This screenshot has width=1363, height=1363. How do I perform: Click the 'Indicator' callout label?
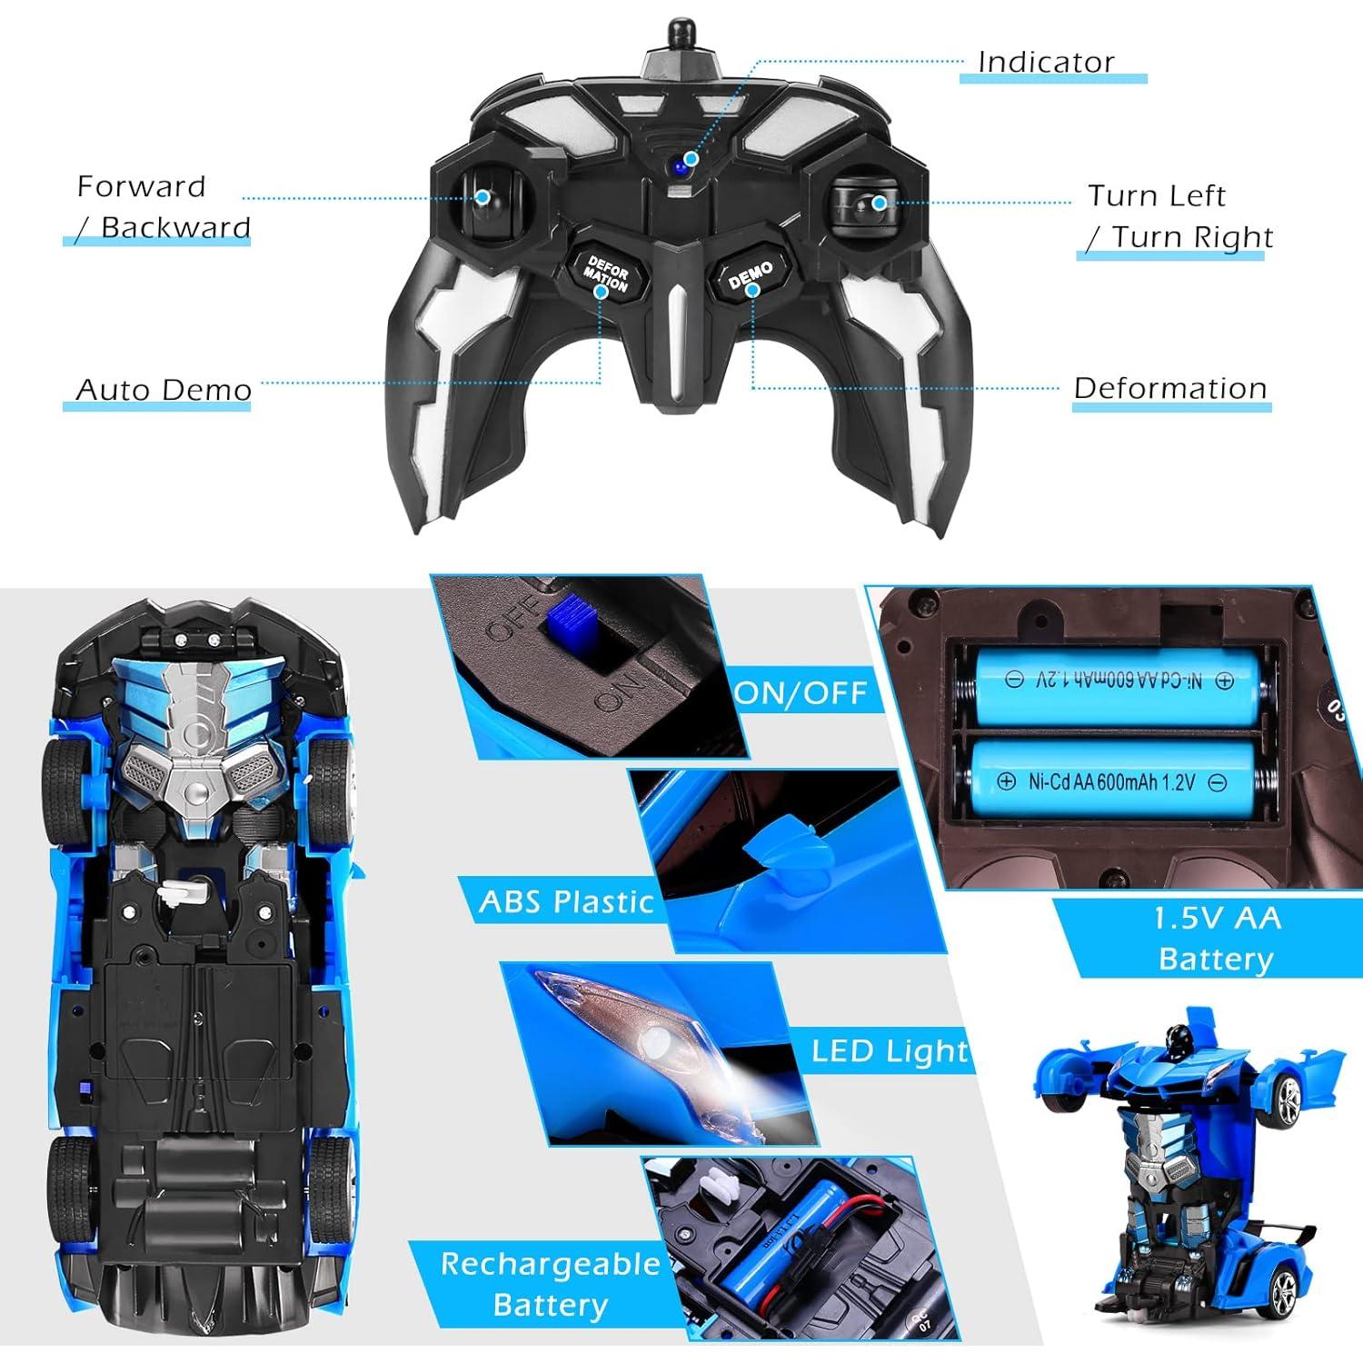pyautogui.click(x=1046, y=62)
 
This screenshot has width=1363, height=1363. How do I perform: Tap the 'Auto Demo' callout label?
pyautogui.click(x=164, y=390)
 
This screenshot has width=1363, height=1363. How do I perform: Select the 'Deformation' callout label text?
pyautogui.click(x=1170, y=388)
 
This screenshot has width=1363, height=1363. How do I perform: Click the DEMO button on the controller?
pyautogui.click(x=751, y=274)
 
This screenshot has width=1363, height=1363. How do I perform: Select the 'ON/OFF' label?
pyautogui.click(x=802, y=694)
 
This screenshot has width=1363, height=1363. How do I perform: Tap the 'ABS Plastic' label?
pyautogui.click(x=566, y=901)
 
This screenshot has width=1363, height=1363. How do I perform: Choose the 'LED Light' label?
pyautogui.click(x=890, y=1051)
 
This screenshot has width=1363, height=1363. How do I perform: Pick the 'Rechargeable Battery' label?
pyautogui.click(x=551, y=1283)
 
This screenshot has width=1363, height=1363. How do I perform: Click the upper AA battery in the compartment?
pyautogui.click(x=1119, y=681)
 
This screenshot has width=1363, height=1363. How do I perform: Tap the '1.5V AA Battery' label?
pyautogui.click(x=1217, y=938)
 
